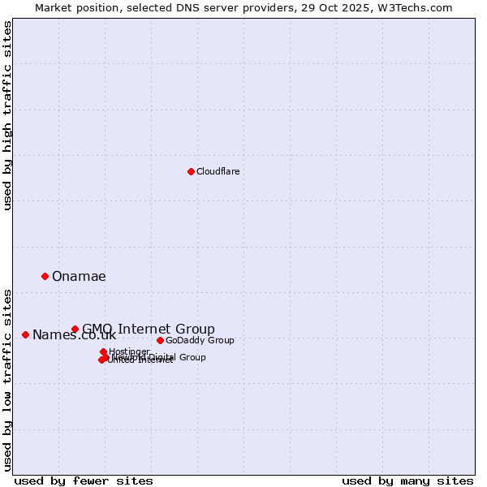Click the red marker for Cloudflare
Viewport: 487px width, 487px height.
click(191, 171)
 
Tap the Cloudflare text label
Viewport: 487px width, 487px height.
click(218, 171)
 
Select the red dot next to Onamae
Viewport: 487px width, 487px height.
click(45, 276)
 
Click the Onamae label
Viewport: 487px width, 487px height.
click(79, 276)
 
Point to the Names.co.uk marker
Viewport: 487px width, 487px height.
click(25, 334)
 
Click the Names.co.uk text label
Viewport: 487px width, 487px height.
click(74, 335)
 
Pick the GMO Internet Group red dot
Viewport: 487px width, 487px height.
click(75, 329)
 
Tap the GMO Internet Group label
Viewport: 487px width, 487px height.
click(149, 329)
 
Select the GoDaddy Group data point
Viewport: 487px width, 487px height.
click(160, 340)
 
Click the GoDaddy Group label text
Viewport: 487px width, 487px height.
click(200, 340)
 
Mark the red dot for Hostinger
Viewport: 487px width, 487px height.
click(103, 351)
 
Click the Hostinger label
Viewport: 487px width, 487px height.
click(130, 351)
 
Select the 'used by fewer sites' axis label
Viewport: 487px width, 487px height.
click(84, 481)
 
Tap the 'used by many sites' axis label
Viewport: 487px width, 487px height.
click(407, 481)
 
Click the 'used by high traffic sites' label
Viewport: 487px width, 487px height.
click(7, 115)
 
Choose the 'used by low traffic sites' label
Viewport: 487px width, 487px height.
click(7, 380)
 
